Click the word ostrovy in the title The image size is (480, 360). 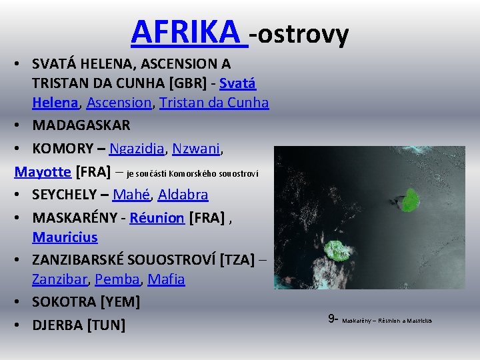303,33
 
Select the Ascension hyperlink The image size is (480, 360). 119,103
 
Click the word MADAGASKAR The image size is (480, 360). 81,125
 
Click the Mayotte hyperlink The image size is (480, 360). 43,171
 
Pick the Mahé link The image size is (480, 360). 131,195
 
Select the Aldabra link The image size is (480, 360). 183,195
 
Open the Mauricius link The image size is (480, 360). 64,237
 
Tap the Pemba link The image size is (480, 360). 117,279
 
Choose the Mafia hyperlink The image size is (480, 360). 167,279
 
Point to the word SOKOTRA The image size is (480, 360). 63,302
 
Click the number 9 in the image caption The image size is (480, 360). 331,319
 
